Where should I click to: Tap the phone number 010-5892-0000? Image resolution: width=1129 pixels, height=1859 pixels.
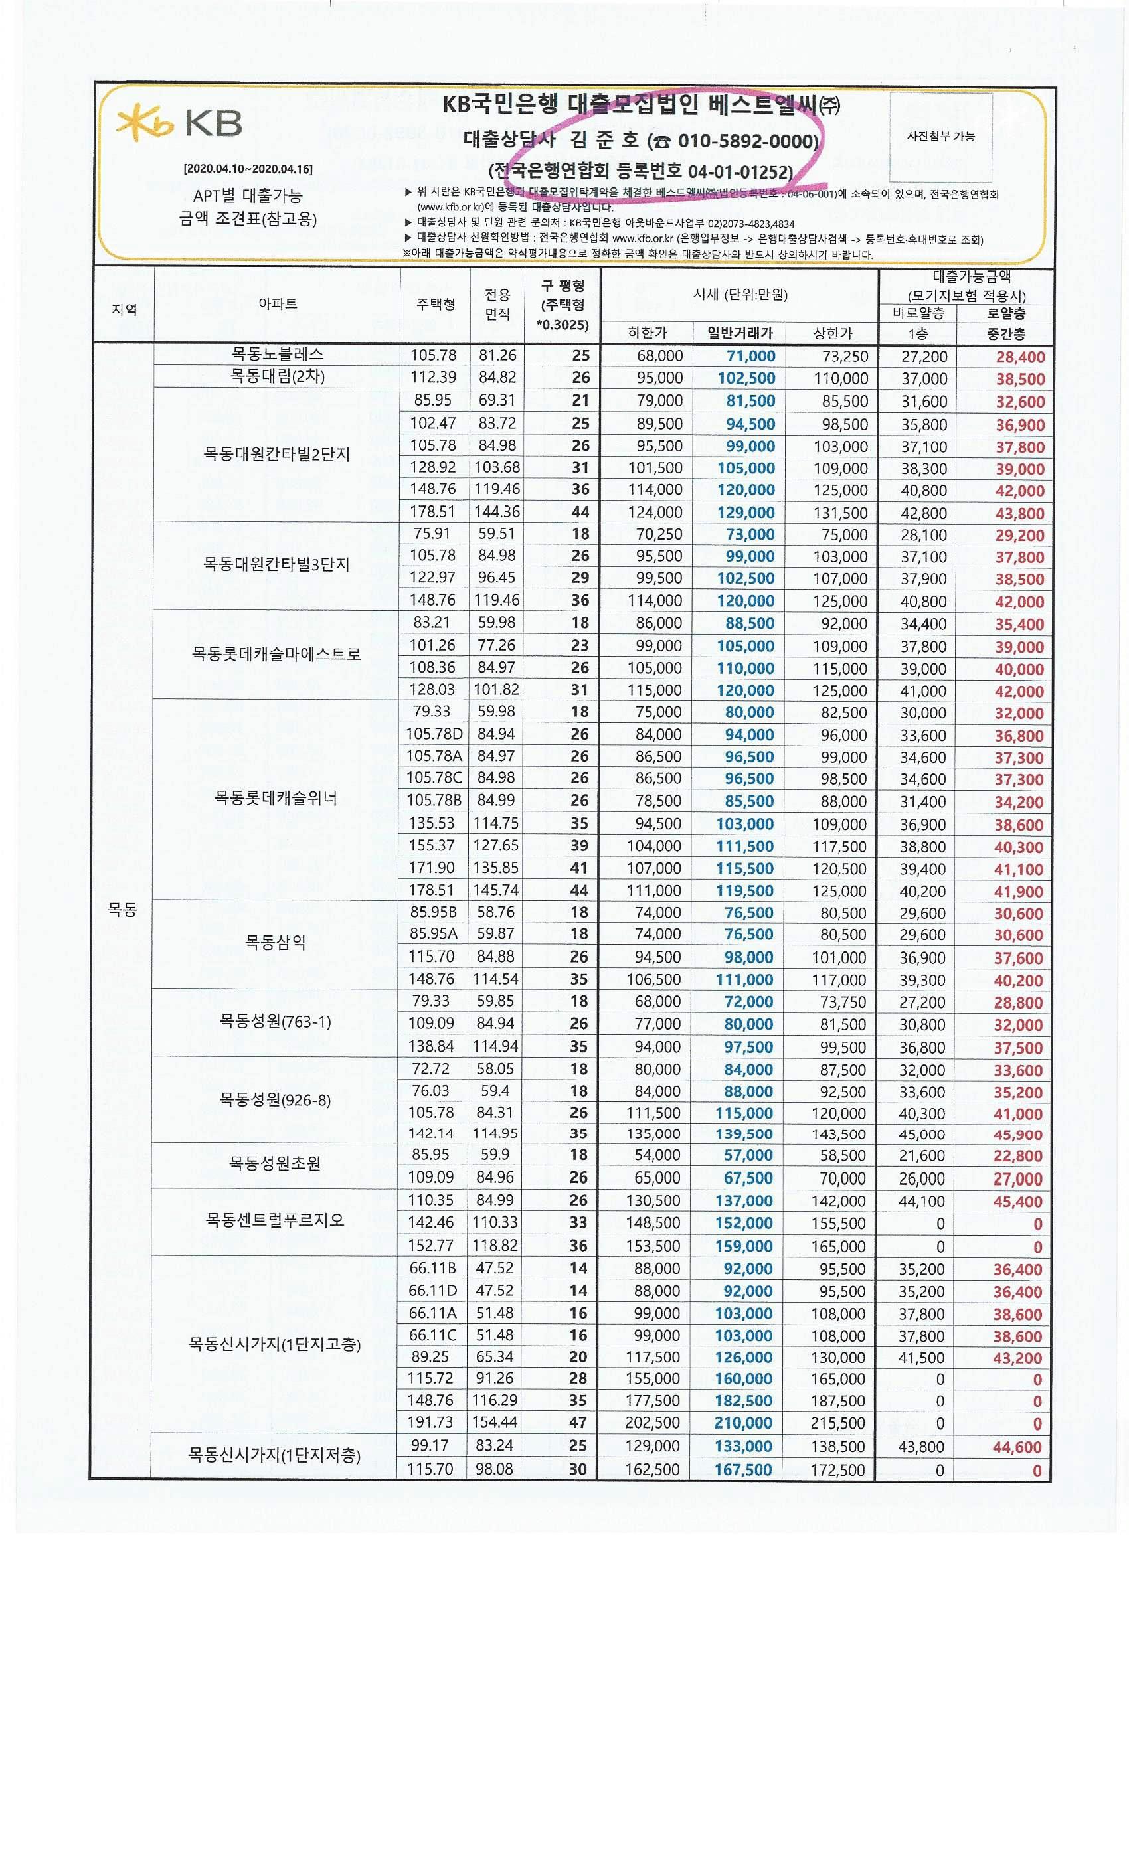tap(747, 141)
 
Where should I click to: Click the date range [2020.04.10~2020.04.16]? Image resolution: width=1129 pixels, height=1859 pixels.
tap(248, 169)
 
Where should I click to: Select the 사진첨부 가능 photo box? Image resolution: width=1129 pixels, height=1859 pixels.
tap(940, 137)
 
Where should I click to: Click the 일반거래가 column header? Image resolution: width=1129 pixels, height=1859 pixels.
tap(740, 333)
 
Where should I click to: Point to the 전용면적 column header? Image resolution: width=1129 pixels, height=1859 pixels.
tap(497, 304)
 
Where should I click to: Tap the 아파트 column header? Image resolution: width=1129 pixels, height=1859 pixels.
tap(277, 304)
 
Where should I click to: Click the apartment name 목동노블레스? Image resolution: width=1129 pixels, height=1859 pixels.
tap(277, 354)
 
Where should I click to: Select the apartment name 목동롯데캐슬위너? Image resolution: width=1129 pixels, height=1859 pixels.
tap(276, 798)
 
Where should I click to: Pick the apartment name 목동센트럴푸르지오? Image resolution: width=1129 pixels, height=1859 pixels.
tap(275, 1220)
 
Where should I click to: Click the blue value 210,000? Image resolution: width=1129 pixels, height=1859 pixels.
tap(743, 1423)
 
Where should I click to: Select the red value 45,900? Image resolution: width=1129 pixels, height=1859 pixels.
tap(1018, 1135)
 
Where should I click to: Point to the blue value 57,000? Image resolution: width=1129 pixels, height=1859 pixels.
tap(748, 1155)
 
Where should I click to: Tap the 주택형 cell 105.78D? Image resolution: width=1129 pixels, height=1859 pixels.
tap(435, 734)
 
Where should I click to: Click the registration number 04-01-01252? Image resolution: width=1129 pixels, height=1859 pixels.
tap(740, 172)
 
